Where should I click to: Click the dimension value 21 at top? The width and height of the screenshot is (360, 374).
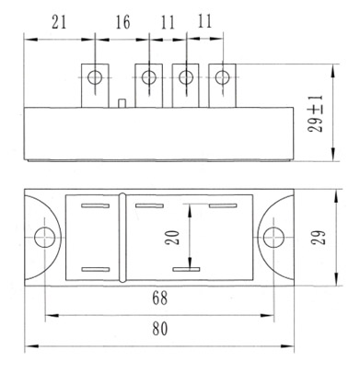59,22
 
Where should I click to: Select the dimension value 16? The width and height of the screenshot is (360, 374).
122,22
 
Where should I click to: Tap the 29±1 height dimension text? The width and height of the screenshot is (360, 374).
316,113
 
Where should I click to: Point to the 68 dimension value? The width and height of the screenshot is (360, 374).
160,298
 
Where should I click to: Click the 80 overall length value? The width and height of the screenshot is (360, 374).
160,329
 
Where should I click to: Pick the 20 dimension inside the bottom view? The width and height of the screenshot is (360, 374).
172,238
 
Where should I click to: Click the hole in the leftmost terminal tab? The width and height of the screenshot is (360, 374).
95,77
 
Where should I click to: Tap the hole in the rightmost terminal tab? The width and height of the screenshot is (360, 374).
222,77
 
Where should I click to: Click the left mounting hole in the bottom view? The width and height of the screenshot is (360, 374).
45,238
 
